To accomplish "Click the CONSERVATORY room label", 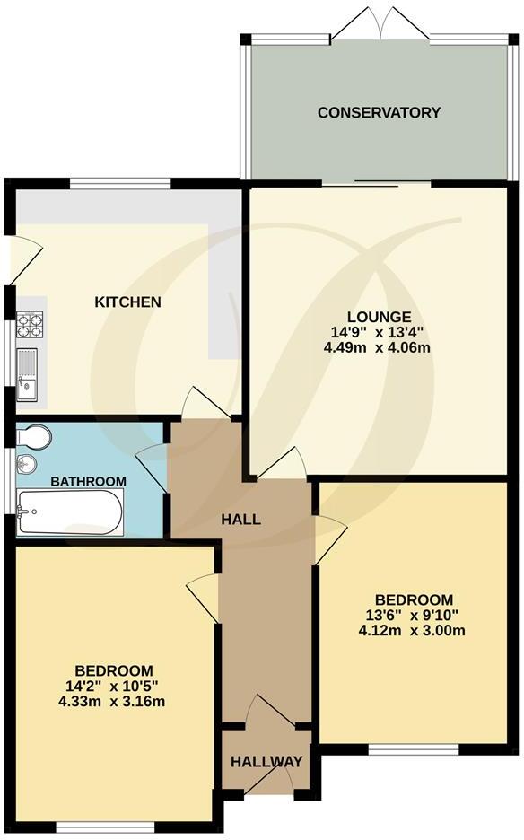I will click(x=379, y=113).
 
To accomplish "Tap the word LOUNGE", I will click(x=380, y=317).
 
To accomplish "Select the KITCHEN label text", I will click(x=128, y=302).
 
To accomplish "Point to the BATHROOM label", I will click(x=88, y=482).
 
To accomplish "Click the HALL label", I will click(x=241, y=520).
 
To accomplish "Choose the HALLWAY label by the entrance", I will click(x=266, y=762).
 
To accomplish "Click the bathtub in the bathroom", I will click(x=70, y=512).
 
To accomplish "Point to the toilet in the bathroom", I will click(x=34, y=436).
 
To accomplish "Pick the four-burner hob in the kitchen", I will click(x=29, y=324).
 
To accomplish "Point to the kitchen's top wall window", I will click(x=120, y=183).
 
